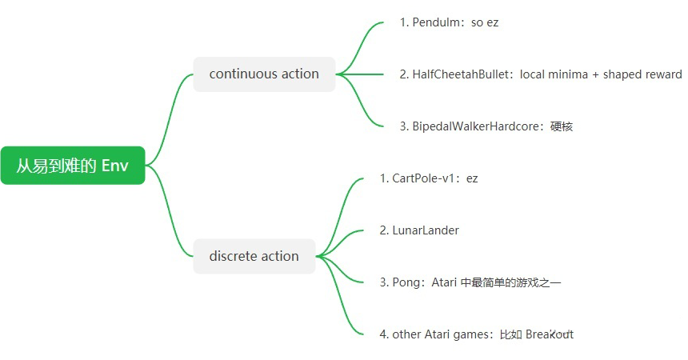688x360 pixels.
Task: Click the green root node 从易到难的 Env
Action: pyautogui.click(x=72, y=166)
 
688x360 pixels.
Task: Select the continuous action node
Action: pyautogui.click(x=264, y=74)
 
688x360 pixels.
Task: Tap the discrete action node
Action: pyautogui.click(x=254, y=256)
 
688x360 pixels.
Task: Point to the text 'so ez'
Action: pyautogui.click(x=484, y=22)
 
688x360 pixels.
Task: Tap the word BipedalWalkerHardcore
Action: pyautogui.click(x=478, y=126)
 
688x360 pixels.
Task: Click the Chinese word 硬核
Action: pyautogui.click(x=562, y=126)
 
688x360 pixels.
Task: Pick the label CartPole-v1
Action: pyautogui.click(x=422, y=178)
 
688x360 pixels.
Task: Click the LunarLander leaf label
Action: pyautogui.click(x=425, y=230)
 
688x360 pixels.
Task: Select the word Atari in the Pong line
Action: pyautogui.click(x=444, y=282)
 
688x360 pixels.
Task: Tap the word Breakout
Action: pyautogui.click(x=549, y=334)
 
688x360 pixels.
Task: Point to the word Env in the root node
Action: pyautogui.click(x=114, y=166)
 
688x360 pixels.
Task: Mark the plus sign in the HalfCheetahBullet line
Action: pyautogui.click(x=594, y=74)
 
